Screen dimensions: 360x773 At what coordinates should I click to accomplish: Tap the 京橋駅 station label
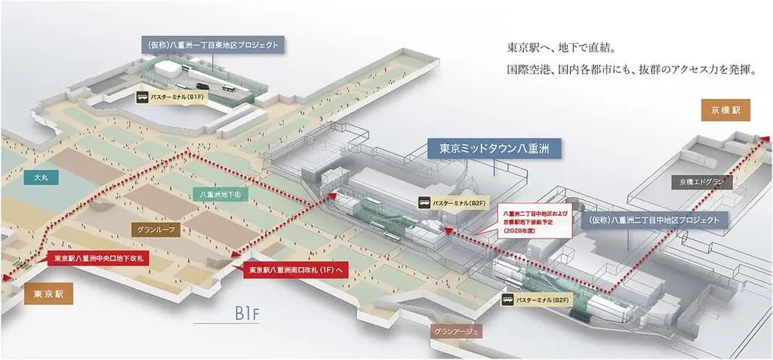pyautogui.click(x=725, y=109)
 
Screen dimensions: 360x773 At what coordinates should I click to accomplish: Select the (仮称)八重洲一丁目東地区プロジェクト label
pyautogui.click(x=213, y=45)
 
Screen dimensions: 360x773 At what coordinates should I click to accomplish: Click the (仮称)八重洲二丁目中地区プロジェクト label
pyautogui.click(x=658, y=220)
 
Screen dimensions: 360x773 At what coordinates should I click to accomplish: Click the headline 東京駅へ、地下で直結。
pyautogui.click(x=563, y=48)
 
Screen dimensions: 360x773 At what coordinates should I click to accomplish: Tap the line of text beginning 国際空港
pyautogui.click(x=631, y=69)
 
